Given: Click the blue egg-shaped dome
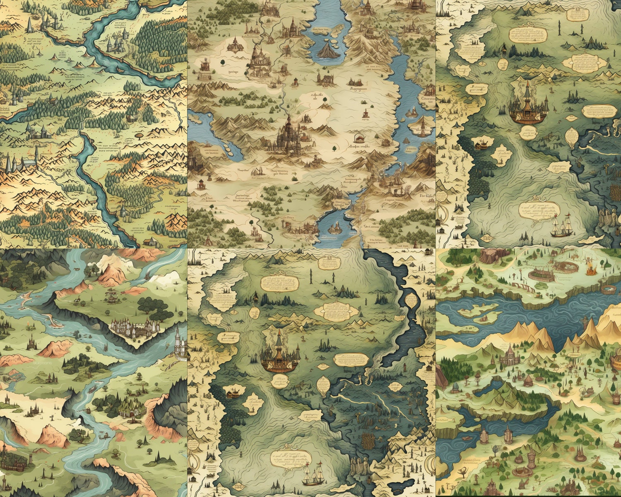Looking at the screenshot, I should click(x=455, y=387).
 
